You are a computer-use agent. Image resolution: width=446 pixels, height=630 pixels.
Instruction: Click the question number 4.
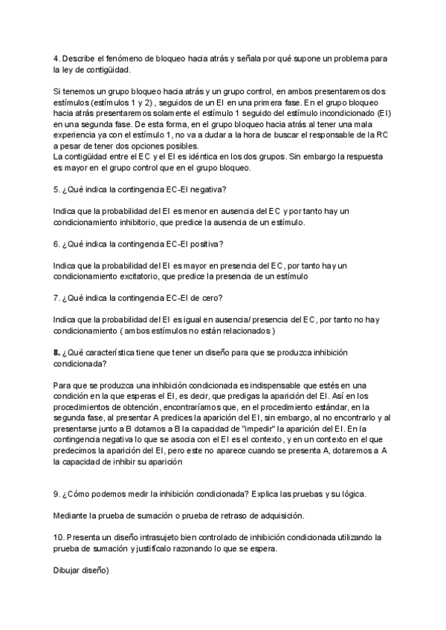pyautogui.click(x=56, y=58)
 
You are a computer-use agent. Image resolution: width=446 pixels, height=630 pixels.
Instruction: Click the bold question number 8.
pyautogui.click(x=56, y=352)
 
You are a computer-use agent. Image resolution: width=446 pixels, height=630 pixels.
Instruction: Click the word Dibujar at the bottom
pyautogui.click(x=69, y=571)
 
